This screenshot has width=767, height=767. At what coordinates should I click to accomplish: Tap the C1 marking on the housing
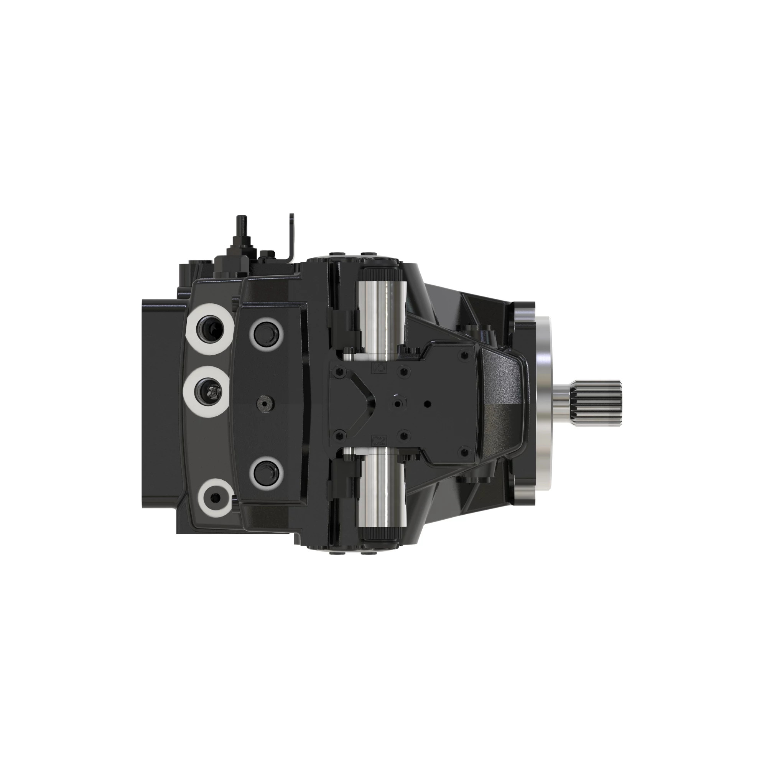pyautogui.click(x=379, y=368)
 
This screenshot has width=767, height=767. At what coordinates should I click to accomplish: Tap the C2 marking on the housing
pyautogui.click(x=379, y=439)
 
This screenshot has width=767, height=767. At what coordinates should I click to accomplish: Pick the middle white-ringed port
pyautogui.click(x=210, y=392)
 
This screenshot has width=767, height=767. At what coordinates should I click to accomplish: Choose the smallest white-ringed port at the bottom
pyautogui.click(x=216, y=498)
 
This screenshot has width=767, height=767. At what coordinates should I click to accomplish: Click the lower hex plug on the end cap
pyautogui.click(x=267, y=473)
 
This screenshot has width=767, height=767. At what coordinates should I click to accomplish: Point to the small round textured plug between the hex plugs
pyautogui.click(x=266, y=404)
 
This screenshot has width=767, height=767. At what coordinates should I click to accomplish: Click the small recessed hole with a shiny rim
pyautogui.click(x=398, y=404)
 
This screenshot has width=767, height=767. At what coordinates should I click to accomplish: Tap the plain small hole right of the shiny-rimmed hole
pyautogui.click(x=427, y=404)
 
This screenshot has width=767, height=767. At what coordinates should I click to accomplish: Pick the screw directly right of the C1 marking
pyautogui.click(x=404, y=371)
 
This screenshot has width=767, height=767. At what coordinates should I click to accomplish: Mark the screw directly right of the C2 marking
pyautogui.click(x=404, y=436)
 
